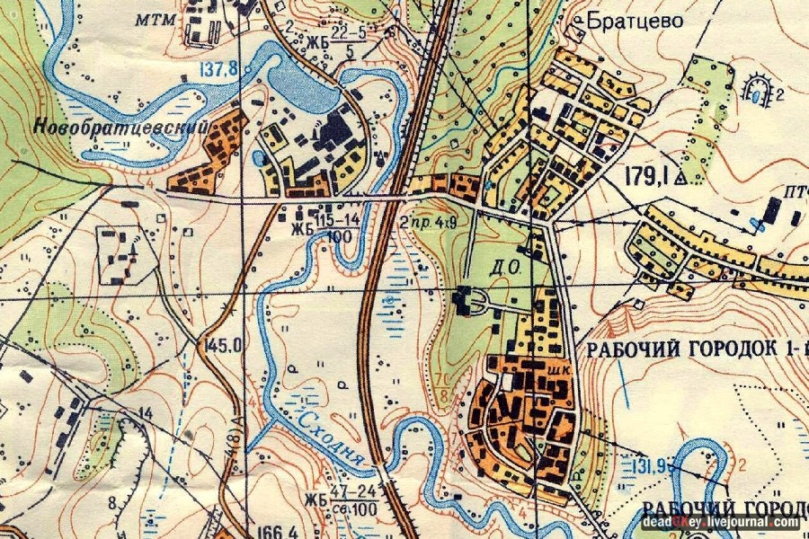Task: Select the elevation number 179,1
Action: pyautogui.click(x=645, y=177)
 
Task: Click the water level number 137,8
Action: pyautogui.click(x=220, y=69)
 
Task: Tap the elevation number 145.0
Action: pyautogui.click(x=225, y=344)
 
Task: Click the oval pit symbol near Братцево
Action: pyautogui.click(x=761, y=88)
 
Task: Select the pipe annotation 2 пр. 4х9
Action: pyautogui.click(x=430, y=217)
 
